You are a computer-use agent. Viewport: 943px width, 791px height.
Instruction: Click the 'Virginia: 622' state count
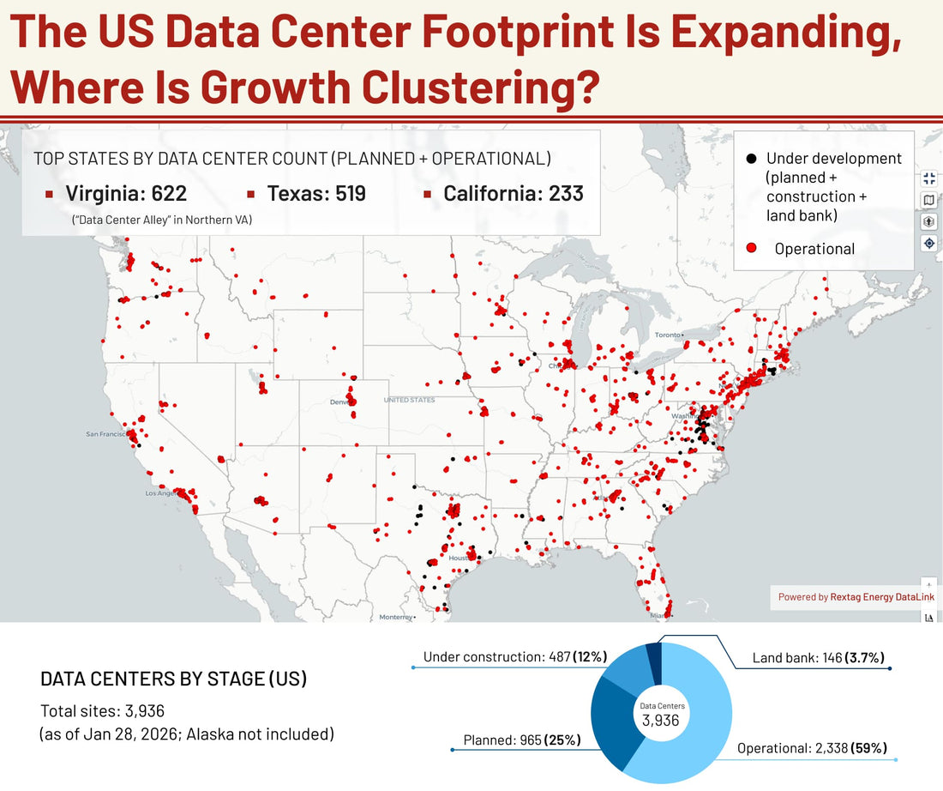(x=126, y=194)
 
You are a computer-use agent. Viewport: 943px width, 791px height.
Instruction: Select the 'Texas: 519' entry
(x=316, y=194)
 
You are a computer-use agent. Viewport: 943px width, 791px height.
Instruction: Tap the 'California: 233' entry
(x=513, y=194)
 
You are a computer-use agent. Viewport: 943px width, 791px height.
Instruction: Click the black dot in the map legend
(x=752, y=159)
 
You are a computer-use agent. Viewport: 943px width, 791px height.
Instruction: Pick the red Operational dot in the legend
(x=752, y=249)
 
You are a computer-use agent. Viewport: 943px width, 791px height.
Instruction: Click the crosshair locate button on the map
(x=929, y=243)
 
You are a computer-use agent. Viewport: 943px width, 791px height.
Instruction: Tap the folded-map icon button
(x=929, y=200)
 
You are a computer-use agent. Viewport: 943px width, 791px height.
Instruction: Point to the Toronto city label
(x=667, y=335)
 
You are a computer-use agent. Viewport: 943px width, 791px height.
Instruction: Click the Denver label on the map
(x=341, y=402)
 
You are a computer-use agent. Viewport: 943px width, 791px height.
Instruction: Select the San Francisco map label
(x=105, y=434)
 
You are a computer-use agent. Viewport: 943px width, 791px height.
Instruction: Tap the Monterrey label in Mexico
(x=395, y=617)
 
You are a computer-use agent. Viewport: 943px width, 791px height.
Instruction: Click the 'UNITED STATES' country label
(x=409, y=400)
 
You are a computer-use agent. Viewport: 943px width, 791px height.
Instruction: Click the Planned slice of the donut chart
(x=610, y=721)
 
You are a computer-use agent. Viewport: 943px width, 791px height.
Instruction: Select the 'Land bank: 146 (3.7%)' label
(x=818, y=658)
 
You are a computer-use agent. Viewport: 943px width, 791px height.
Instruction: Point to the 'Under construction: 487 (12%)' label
(x=514, y=657)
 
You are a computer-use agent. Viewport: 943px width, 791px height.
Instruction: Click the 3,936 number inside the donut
(x=661, y=721)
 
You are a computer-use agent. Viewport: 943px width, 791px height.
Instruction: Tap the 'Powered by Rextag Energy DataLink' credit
(x=856, y=597)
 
